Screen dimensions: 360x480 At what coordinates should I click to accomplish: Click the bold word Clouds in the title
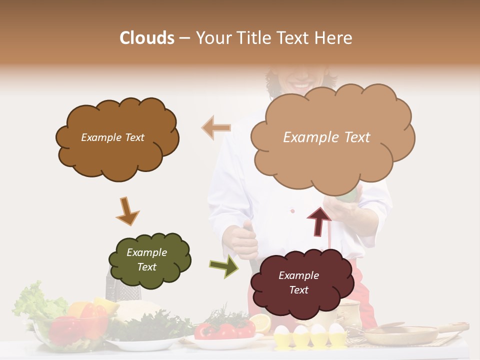click(x=147, y=38)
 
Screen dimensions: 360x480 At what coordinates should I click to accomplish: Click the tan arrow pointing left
click(x=216, y=128)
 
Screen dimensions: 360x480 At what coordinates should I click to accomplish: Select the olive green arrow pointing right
click(x=224, y=266)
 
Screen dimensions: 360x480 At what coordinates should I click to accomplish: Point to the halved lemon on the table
click(x=259, y=323)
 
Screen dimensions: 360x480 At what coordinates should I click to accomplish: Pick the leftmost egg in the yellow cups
click(x=282, y=331)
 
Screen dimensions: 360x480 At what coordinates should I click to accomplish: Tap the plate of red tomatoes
click(x=225, y=332)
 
